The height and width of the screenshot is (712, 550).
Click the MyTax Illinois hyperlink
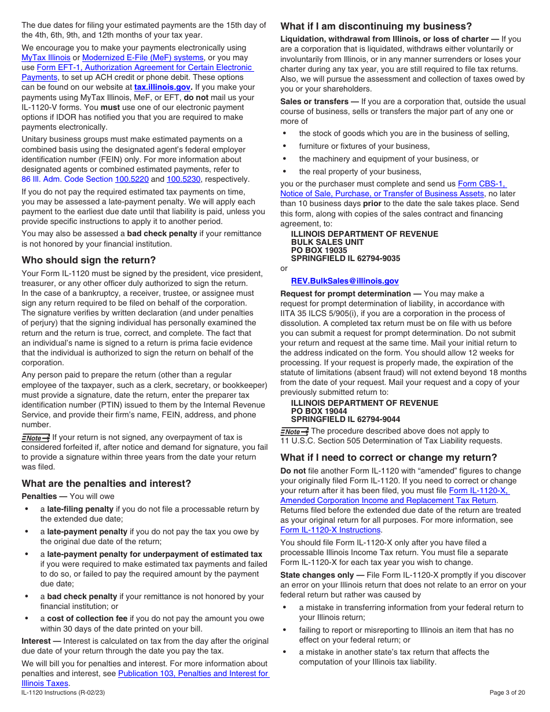click(x=46, y=58)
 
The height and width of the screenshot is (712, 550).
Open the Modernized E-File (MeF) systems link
click(x=143, y=58)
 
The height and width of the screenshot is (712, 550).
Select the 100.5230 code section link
click(x=184, y=179)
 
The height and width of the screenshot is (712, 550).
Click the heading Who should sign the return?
click(x=89, y=260)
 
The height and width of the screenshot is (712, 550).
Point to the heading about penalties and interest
click(x=106, y=483)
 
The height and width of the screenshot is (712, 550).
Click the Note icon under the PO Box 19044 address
click(x=294, y=431)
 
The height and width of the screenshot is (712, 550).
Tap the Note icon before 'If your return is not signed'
click(x=35, y=438)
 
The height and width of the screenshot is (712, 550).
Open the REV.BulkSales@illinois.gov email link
click(x=344, y=281)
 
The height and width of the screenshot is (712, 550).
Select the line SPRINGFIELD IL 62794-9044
click(x=345, y=419)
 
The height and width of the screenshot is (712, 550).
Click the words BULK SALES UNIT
click(x=327, y=243)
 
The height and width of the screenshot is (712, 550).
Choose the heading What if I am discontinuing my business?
click(x=376, y=27)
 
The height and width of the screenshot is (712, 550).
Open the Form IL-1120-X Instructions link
click(x=331, y=530)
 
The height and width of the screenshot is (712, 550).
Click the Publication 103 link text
click(x=193, y=674)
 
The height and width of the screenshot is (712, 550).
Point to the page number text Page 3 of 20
click(x=507, y=692)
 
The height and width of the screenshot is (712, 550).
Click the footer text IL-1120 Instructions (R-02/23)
click(x=63, y=692)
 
